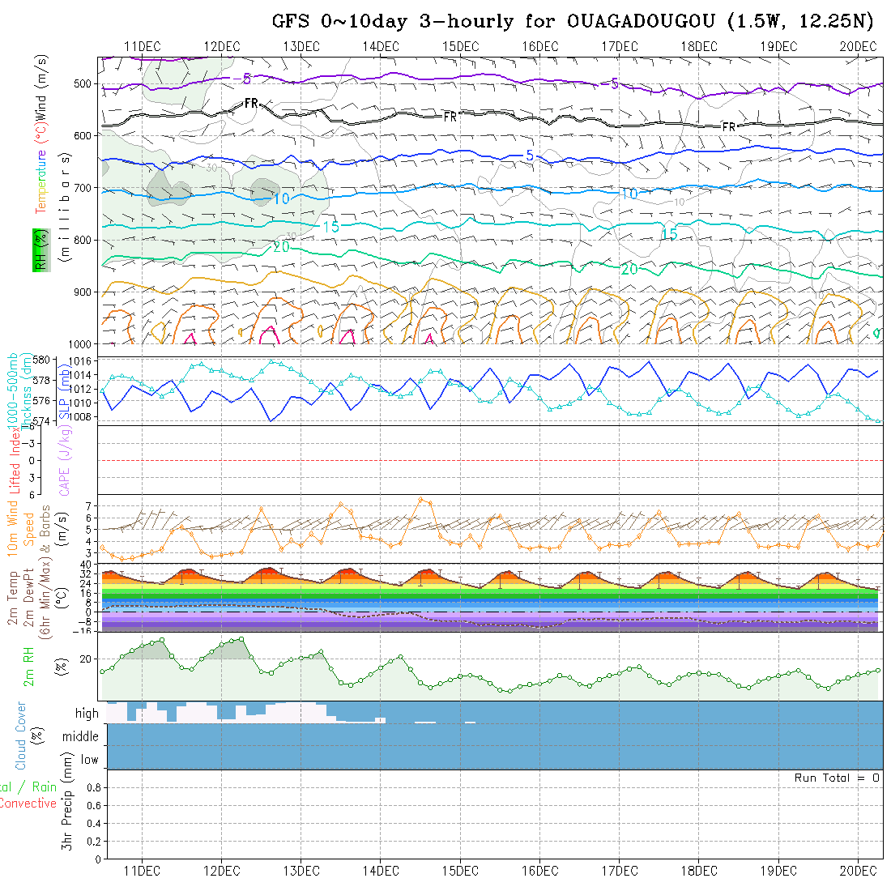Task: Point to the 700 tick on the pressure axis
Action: point(84,188)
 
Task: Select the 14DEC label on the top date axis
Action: point(380,46)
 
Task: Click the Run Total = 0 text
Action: point(837,778)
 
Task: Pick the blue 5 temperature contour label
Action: point(529,155)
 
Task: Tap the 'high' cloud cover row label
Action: point(87,714)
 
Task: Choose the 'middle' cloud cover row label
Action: point(80,736)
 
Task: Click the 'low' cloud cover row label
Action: point(89,760)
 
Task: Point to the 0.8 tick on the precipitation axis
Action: point(92,787)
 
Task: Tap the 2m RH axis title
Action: point(29,667)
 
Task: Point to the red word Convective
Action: point(28,804)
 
